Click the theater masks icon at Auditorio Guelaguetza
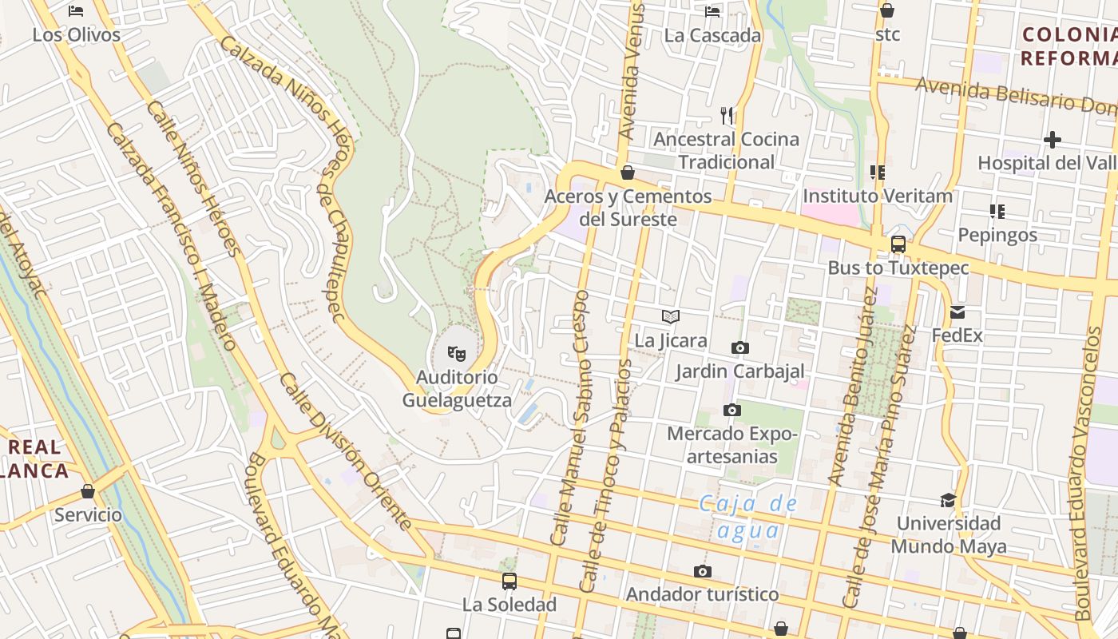click(x=457, y=352)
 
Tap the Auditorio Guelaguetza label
click(x=457, y=388)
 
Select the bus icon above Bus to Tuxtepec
click(x=898, y=244)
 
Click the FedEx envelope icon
click(x=957, y=312)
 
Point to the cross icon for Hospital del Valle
click(x=1053, y=140)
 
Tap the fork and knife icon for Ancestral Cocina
click(x=727, y=116)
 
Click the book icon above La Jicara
click(x=671, y=317)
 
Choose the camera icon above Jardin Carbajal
click(x=740, y=347)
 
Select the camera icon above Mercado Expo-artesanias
click(x=731, y=410)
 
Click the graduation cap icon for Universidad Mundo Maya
click(x=948, y=500)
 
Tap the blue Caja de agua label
click(x=747, y=517)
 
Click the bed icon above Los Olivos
click(x=76, y=11)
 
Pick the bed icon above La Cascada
click(x=712, y=11)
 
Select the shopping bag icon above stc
click(x=886, y=10)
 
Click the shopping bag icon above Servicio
click(x=88, y=491)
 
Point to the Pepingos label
click(x=997, y=235)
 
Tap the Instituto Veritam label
click(x=878, y=196)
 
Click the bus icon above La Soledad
click(x=509, y=581)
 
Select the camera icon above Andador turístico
click(x=703, y=571)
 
